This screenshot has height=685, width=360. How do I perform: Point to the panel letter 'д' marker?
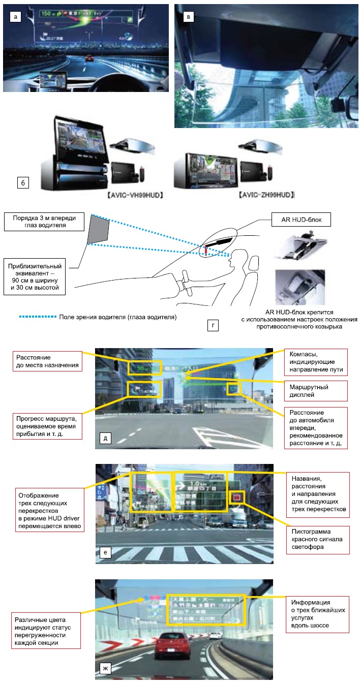click(105, 440)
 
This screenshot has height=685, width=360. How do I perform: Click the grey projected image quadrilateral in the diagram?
click(99, 231)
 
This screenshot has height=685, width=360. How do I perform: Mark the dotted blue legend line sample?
click(37, 317)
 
